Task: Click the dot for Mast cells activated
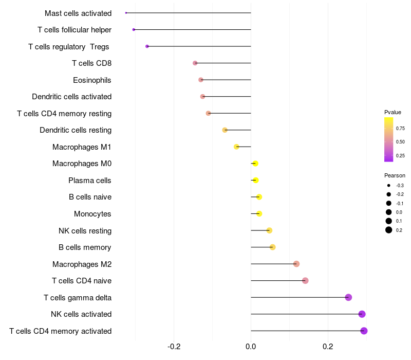[x=126, y=13]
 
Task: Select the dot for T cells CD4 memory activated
[x=364, y=331]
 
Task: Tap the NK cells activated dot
[x=362, y=314]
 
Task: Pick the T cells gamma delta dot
[x=348, y=297]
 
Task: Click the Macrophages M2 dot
[x=296, y=264]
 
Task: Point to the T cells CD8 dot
[x=195, y=63]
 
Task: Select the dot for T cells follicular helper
[x=134, y=29]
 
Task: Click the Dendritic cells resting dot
[x=225, y=130]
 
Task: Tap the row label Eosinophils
[x=92, y=80]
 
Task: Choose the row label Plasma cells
[x=90, y=181]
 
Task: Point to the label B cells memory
[x=85, y=247]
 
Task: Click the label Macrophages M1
[x=82, y=147]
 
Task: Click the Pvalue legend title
[x=393, y=112]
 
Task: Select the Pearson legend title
[x=395, y=175]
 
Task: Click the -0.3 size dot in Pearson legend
[x=389, y=185]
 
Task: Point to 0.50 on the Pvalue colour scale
[x=400, y=141]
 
